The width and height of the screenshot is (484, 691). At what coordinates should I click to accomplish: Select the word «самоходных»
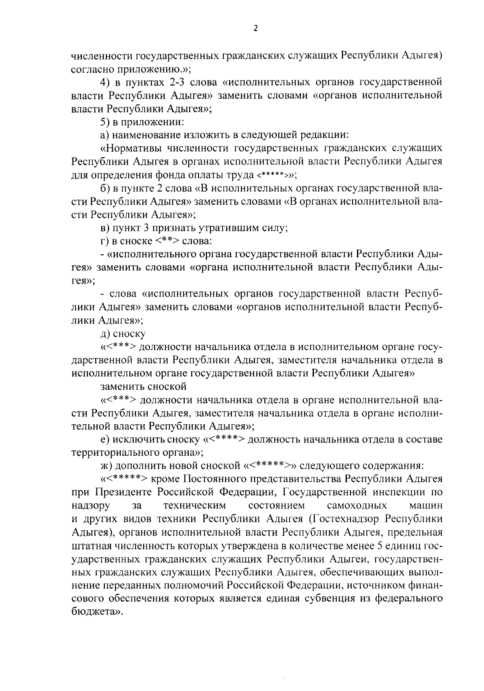point(357,505)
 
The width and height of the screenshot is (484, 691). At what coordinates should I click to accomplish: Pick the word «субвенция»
point(328,598)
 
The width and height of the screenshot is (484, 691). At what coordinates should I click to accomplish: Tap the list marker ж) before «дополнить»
point(106,466)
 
